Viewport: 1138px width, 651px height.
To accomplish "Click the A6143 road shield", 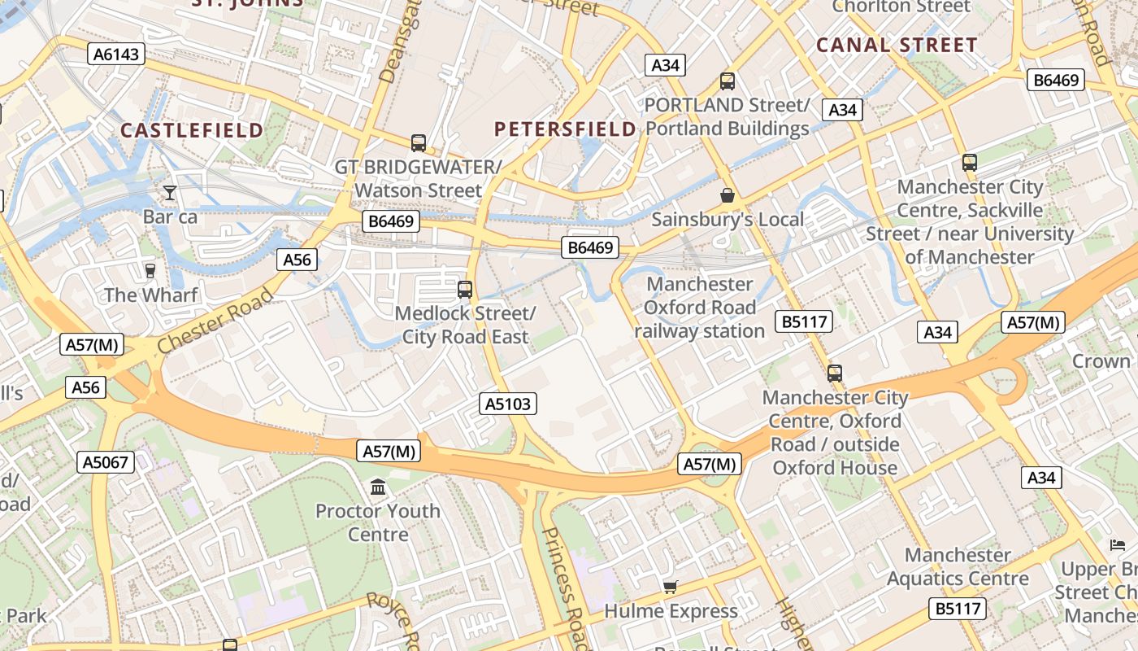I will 117,55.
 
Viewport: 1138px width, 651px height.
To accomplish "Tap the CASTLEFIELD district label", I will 192,130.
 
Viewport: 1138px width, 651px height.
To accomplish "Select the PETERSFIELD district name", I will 565,129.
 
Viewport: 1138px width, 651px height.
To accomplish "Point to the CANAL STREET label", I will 897,46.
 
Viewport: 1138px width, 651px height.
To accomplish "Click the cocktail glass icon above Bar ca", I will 169,193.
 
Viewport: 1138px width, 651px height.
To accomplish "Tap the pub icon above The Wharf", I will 150,270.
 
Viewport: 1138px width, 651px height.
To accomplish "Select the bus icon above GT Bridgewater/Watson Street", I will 419,143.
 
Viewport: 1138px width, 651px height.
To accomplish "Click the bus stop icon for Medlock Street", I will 465,289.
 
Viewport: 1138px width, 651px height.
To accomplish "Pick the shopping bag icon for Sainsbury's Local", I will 728,195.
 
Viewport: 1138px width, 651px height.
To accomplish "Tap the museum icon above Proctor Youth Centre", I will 378,487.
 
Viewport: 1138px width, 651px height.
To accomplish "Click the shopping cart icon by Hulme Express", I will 671,587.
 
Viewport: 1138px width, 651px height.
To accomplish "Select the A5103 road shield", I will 508,404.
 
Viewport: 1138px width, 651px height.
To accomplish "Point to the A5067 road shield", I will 106,462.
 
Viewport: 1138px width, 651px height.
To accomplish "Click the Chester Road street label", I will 215,320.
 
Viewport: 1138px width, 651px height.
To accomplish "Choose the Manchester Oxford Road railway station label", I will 700,308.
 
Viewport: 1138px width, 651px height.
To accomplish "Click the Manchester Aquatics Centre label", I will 958,567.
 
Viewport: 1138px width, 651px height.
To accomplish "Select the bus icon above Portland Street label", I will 728,81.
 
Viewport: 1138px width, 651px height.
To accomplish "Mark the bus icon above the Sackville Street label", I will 970,162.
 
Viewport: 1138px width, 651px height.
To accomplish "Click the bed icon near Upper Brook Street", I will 1118,544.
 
